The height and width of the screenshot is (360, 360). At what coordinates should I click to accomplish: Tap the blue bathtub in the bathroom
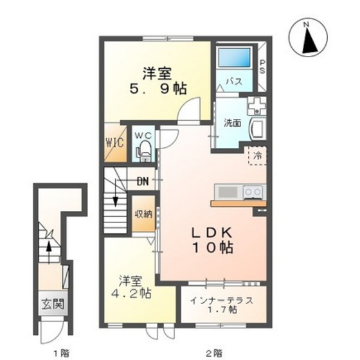point(235,60)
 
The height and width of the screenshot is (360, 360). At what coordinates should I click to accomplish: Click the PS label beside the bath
point(262,66)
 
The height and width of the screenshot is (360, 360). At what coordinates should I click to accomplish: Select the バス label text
point(233,82)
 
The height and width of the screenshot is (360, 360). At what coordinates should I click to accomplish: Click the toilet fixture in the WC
point(144,151)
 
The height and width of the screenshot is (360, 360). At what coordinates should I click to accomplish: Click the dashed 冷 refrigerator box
point(256,155)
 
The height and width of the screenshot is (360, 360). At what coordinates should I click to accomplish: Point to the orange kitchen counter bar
point(237,204)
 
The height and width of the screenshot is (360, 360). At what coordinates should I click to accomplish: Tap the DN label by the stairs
point(142,181)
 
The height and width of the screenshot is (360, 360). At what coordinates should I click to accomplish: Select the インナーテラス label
point(213,300)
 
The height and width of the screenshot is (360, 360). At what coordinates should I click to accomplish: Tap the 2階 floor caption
point(213,352)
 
